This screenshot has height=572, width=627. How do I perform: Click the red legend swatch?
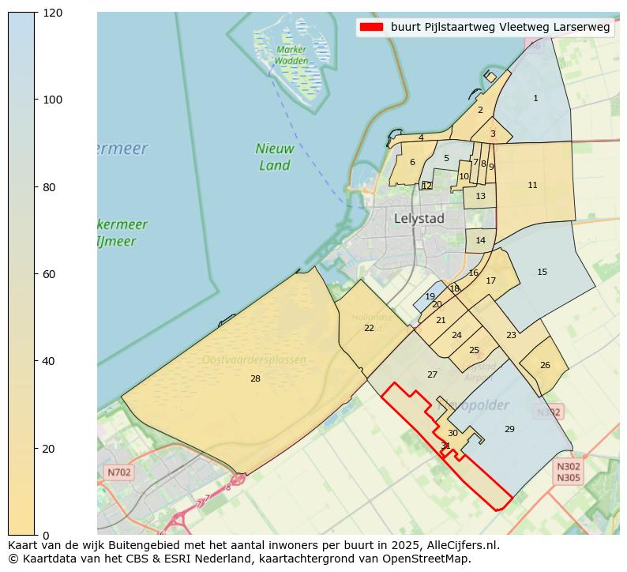pos(370,27)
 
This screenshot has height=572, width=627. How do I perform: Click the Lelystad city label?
pos(419,219)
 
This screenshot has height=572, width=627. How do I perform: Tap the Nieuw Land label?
pos(275,157)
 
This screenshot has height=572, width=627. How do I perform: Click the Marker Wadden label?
pos(291,55)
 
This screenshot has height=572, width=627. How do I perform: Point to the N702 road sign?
pos(118,472)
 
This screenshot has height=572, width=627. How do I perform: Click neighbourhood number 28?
pos(255,379)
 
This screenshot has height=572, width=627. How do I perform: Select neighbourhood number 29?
pos(509,429)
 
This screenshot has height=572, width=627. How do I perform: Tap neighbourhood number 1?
pos(535,99)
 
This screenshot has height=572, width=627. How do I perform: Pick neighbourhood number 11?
pos(532,186)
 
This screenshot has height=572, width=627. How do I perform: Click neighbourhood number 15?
pos(542,273)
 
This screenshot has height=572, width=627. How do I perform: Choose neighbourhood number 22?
pos(369,328)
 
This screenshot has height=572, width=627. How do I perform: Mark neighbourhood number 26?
pos(545,366)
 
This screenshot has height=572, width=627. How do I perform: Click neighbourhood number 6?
pos(412,163)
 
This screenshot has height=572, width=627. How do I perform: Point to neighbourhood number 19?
pos(430,297)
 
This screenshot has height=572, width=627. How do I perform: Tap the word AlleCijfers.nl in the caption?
pos(462,545)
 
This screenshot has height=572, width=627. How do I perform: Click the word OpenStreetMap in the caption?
pos(430,559)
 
